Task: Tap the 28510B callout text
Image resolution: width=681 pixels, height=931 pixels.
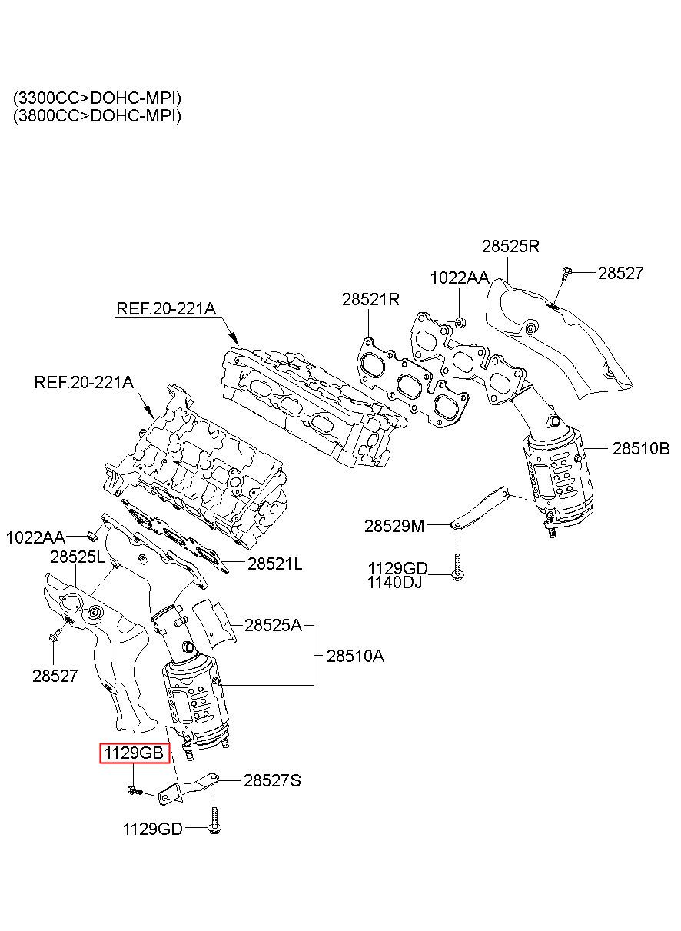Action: click(641, 448)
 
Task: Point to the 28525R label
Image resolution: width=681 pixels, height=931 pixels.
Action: click(510, 247)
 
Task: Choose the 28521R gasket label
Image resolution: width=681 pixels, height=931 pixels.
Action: click(370, 299)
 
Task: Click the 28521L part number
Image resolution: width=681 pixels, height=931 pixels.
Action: click(275, 564)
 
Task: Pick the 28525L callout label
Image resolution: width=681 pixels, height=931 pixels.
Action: click(78, 557)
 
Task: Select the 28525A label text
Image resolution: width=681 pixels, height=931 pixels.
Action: click(273, 625)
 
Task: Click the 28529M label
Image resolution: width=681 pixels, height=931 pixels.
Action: click(394, 526)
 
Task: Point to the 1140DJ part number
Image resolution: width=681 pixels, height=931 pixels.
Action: click(394, 583)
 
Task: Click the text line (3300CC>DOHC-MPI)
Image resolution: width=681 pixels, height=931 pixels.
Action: click(97, 98)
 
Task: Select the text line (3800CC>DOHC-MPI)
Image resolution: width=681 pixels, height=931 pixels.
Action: click(97, 115)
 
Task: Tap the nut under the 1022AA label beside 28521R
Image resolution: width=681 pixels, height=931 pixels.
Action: click(460, 322)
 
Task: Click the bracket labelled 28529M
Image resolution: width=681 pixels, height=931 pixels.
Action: click(480, 507)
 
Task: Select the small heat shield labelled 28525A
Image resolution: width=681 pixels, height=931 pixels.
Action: click(214, 623)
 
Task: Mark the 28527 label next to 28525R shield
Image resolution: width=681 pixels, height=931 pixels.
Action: click(620, 273)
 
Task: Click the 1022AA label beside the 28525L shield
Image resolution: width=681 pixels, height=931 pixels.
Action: click(35, 537)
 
